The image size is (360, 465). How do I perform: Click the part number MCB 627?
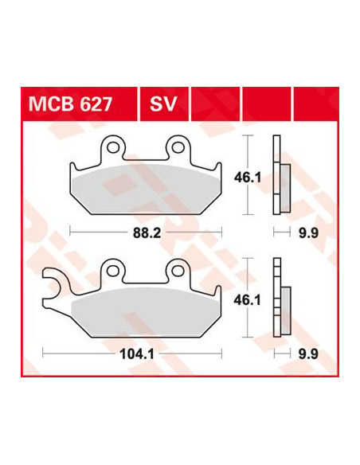70,104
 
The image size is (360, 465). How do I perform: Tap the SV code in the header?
163,104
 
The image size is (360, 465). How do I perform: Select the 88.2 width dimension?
147,233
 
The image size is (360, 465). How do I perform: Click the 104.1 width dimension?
137,354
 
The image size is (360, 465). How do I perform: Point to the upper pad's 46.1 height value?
248,178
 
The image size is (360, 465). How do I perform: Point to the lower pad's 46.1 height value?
248,301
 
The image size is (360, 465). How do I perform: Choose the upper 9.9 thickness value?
308,233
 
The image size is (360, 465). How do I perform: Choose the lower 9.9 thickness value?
308,354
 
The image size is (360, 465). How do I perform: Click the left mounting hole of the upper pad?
113,147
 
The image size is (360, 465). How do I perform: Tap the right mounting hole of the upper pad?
178,147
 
